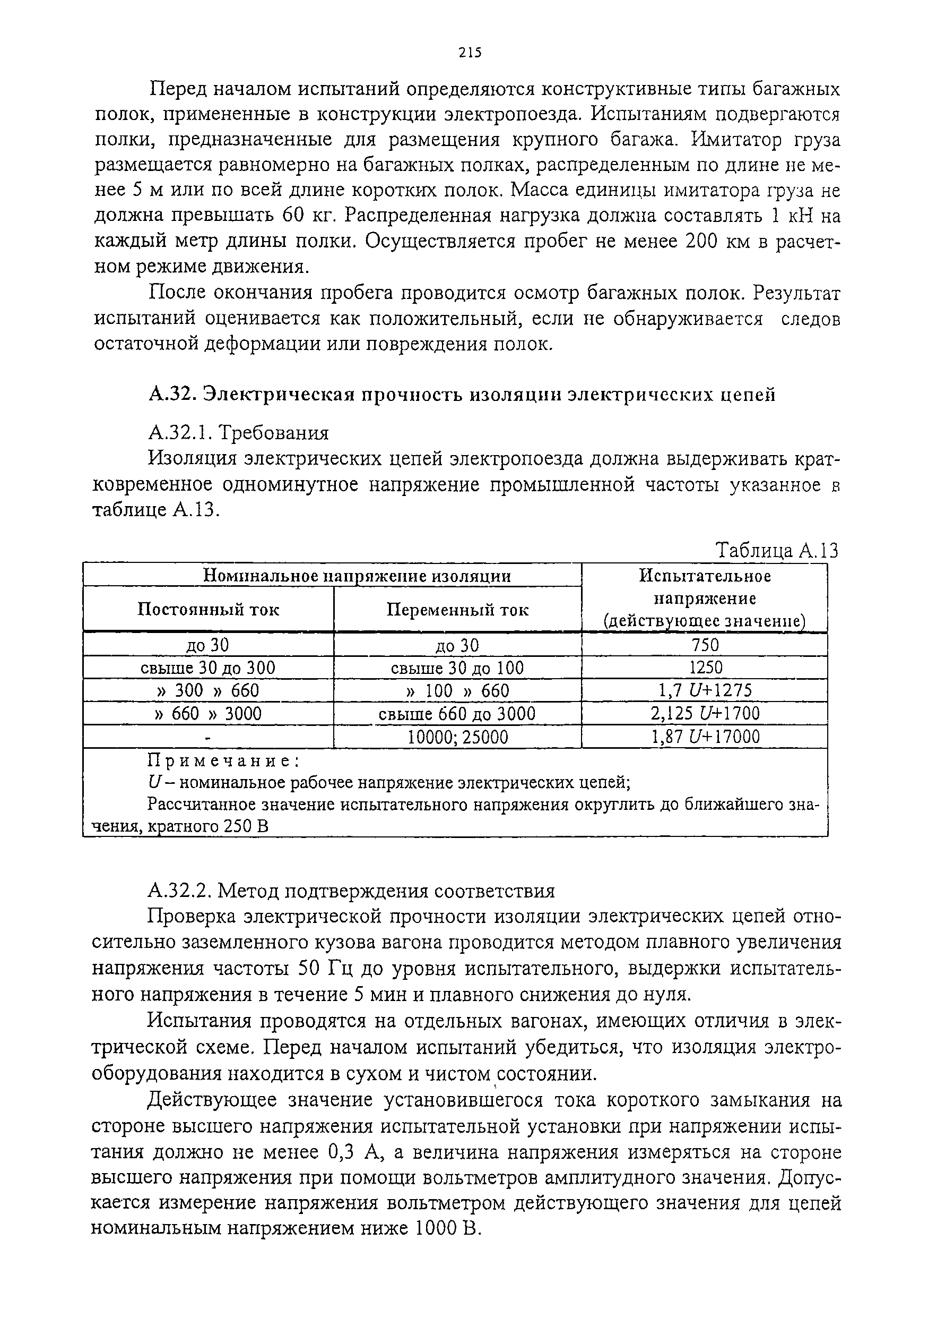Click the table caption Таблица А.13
(x=777, y=551)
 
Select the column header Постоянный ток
(x=209, y=609)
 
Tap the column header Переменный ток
(x=457, y=609)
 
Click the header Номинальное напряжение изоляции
(x=357, y=575)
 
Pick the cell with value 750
(x=705, y=645)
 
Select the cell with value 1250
(x=706, y=668)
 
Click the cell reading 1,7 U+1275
(x=705, y=690)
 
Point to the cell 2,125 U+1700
(x=705, y=714)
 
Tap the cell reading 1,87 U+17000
(x=705, y=737)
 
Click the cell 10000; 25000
(x=457, y=737)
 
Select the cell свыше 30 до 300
(x=208, y=668)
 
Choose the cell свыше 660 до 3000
(x=457, y=714)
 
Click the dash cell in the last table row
(x=209, y=737)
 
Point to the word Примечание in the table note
(x=223, y=760)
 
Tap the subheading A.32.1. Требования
(x=238, y=432)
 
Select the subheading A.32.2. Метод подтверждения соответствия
(x=351, y=891)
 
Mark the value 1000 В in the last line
(x=446, y=1229)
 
